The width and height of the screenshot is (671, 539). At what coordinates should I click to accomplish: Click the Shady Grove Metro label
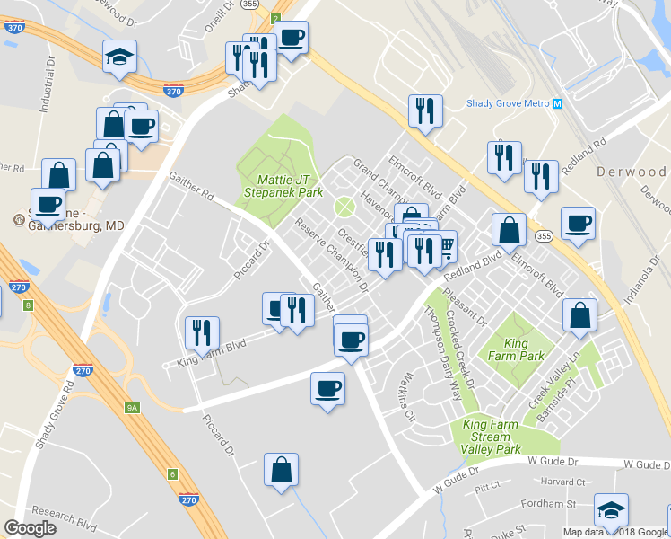point(508,103)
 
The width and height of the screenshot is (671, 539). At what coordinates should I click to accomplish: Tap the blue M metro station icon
point(558,103)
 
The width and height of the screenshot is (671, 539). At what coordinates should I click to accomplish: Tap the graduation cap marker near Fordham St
point(611,510)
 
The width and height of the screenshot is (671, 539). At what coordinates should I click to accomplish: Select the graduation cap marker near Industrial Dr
point(119,57)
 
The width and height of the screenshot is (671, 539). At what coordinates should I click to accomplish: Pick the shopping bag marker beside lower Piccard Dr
point(282,470)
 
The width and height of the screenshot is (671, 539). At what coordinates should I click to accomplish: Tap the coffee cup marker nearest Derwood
point(577,224)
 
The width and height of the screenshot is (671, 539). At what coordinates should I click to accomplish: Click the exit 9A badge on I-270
point(133,408)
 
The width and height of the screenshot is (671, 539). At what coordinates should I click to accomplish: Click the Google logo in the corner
point(30,528)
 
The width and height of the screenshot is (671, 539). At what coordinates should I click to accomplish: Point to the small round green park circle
point(344,208)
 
